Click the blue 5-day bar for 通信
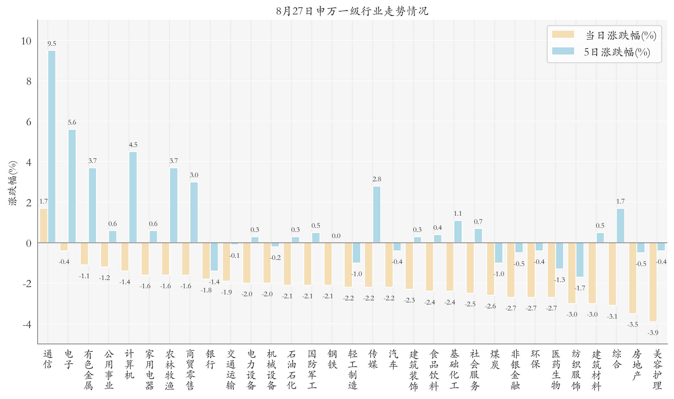pos(52,147)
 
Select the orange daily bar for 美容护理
pos(653,282)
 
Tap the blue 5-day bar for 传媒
pos(377,214)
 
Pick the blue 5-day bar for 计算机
pos(133,197)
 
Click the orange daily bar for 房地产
pos(633,278)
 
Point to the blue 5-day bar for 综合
pos(620,225)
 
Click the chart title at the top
pos(352,11)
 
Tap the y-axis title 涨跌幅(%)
pos(13,183)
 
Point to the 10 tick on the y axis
pos(26,41)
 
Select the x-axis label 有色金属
pos(88,370)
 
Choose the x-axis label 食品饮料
pos(434,370)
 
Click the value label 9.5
pos(52,43)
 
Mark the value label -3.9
pos(653,333)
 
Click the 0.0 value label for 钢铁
pos(336,236)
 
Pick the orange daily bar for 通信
pos(44,225)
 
